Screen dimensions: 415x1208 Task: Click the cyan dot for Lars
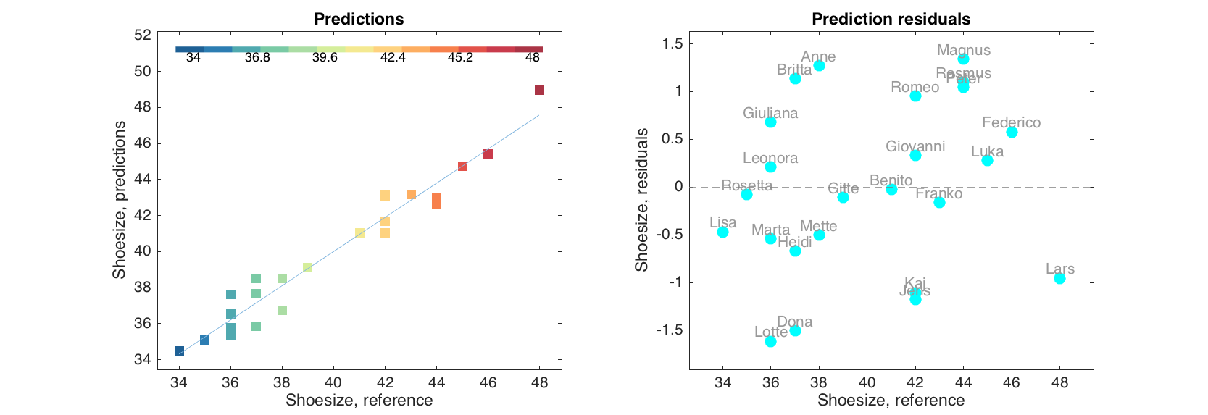(1059, 278)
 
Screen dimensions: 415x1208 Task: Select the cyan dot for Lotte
(770, 341)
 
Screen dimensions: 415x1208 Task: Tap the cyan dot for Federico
(1012, 132)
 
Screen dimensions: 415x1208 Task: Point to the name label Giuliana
(770, 113)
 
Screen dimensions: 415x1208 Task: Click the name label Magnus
(963, 50)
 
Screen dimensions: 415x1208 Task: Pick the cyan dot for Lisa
(722, 232)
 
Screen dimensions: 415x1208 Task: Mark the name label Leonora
(770, 158)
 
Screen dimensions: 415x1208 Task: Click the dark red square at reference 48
(539, 90)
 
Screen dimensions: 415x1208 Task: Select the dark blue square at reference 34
(179, 351)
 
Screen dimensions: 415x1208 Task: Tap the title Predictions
(359, 20)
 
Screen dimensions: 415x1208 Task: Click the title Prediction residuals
(891, 20)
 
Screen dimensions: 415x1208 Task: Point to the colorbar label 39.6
(325, 58)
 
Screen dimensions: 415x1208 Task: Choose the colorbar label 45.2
(460, 58)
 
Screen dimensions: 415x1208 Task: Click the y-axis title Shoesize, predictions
(119, 200)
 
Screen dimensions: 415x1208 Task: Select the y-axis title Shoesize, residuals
(641, 200)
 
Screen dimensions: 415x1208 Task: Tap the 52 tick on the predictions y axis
(143, 35)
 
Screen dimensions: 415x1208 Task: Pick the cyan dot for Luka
(987, 160)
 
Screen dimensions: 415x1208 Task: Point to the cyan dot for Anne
(819, 65)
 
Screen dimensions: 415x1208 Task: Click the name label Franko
(938, 193)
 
